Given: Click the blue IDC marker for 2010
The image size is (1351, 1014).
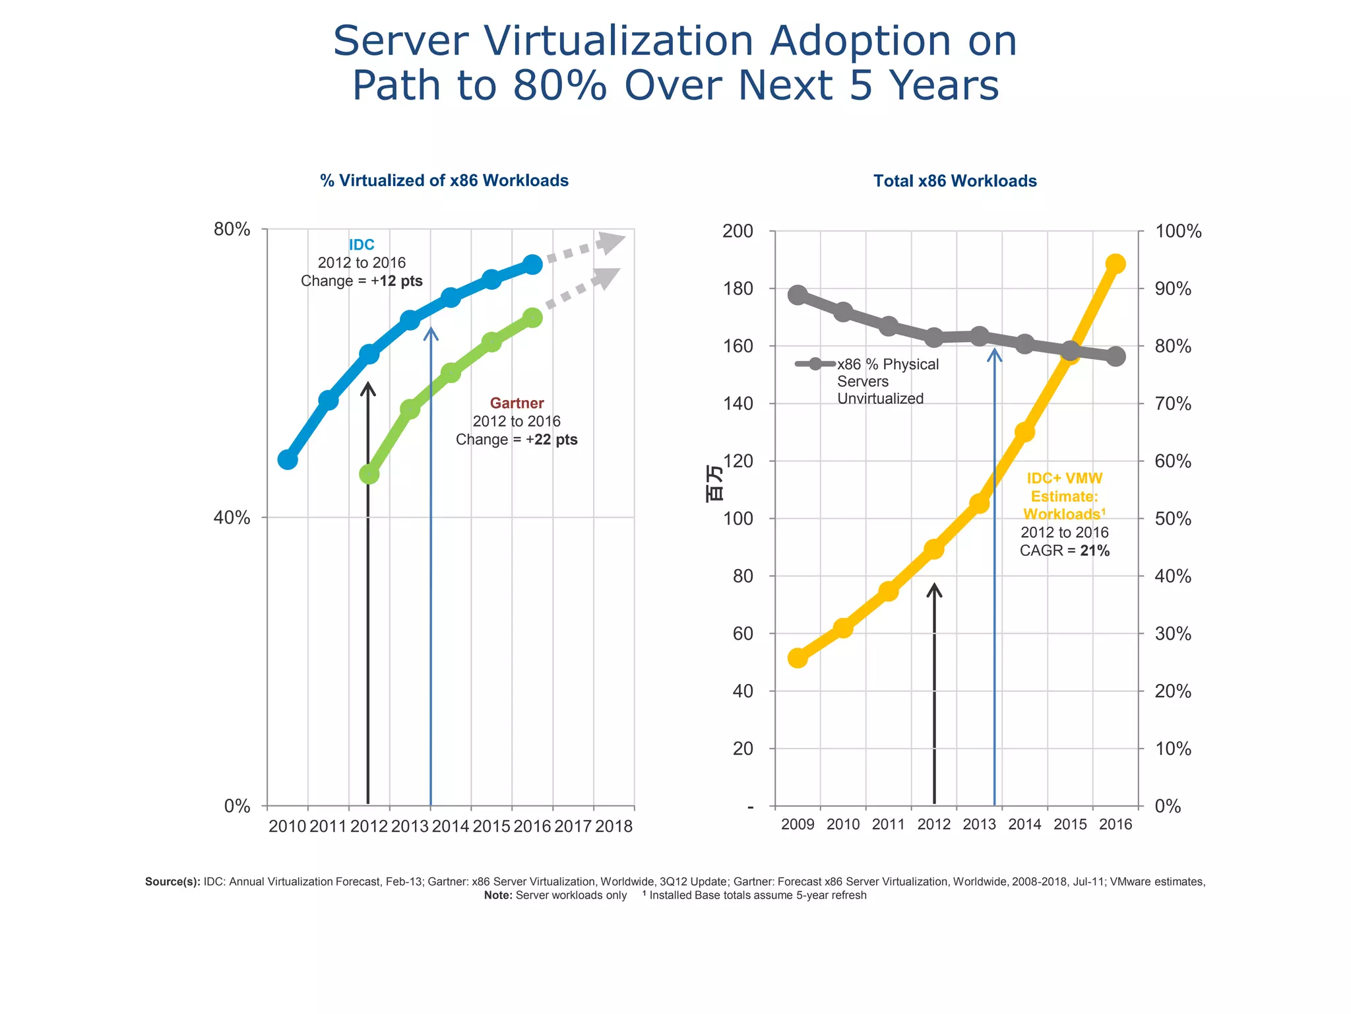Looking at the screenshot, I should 287,459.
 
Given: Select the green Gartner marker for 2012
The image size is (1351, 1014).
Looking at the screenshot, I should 369,474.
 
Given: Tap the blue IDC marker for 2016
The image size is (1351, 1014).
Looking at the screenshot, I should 533,265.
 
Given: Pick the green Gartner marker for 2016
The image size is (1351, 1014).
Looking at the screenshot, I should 533,318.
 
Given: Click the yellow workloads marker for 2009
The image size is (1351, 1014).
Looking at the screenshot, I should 798,658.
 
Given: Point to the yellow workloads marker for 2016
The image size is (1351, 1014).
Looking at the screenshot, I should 1115,264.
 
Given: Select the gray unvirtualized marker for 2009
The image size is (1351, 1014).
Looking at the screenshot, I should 798,295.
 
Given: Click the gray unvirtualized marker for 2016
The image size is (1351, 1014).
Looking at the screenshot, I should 1115,356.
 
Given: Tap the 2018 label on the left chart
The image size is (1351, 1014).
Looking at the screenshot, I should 613,827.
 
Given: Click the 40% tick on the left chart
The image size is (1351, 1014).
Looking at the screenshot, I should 232,518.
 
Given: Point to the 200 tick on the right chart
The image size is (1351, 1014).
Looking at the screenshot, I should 738,231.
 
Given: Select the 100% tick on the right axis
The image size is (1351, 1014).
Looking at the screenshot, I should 1178,231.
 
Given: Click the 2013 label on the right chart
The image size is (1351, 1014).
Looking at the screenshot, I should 979,825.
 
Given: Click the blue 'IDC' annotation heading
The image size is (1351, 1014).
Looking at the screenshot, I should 361,245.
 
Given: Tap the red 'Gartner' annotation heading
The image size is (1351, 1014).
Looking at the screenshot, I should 517,403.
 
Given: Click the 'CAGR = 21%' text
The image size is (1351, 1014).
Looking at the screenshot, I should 1064,551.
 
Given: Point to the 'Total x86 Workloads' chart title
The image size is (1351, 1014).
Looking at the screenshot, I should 955,181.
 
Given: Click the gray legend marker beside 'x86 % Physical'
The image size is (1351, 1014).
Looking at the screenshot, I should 815,364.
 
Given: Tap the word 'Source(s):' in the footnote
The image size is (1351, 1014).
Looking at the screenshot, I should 172,882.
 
